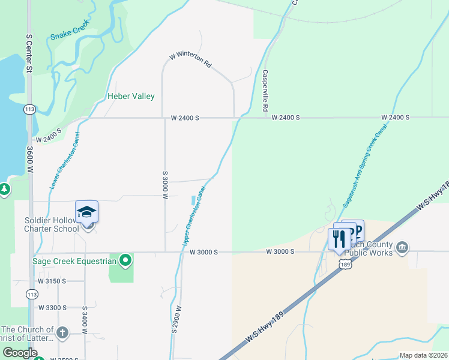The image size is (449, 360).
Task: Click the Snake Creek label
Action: [70, 30]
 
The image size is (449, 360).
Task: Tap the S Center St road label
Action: [28, 53]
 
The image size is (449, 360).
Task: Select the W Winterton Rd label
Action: [191, 60]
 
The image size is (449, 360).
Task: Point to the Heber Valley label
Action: [131, 96]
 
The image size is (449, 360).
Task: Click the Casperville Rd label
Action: [265, 91]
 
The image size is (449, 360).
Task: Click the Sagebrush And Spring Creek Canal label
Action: [364, 167]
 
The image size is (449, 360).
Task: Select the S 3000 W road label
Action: [165, 188]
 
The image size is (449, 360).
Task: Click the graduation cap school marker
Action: [86, 212]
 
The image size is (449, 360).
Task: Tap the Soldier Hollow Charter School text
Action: [51, 224]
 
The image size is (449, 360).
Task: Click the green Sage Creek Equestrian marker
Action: [125, 260]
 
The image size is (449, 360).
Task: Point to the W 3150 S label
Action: [52, 281]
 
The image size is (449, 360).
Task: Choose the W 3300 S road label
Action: [52, 307]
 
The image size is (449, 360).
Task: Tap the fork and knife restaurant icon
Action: [339, 239]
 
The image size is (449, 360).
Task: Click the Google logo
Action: [20, 353]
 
